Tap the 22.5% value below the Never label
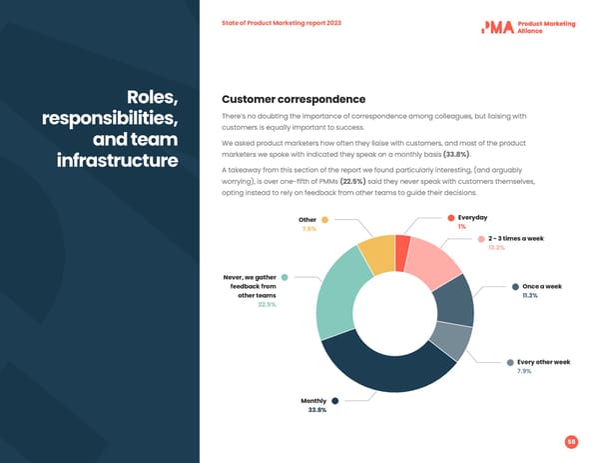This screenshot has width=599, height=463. click(267, 305)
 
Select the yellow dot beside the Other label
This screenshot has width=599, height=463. click(324, 220)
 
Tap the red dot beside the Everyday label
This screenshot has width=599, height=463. click(450, 218)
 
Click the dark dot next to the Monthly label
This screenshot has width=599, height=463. click(335, 401)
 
